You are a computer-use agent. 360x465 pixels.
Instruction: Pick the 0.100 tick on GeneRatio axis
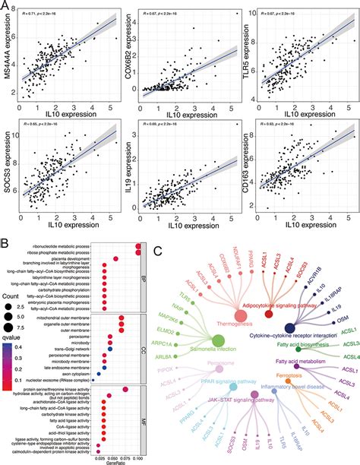(x=137, y=453)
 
